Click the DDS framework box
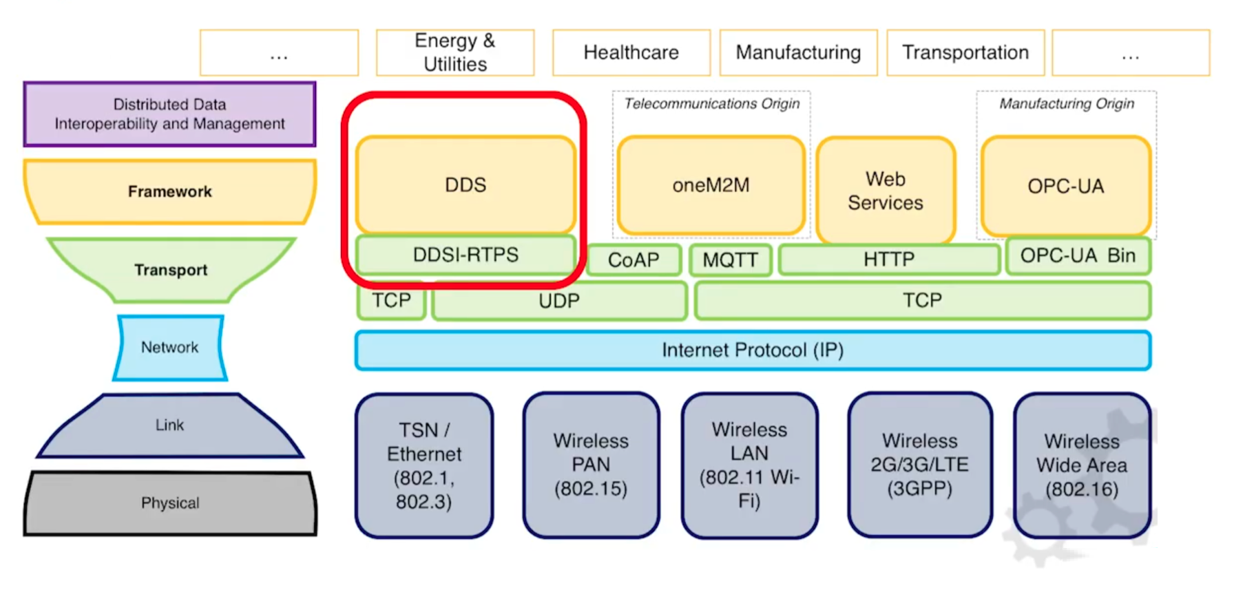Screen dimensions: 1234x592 click(x=466, y=184)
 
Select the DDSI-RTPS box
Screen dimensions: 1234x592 click(x=466, y=255)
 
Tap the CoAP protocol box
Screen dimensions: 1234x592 click(x=634, y=260)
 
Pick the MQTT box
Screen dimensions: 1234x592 click(x=730, y=260)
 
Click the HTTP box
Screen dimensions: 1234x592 click(x=889, y=259)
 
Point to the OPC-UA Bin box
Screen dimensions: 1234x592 click(x=1078, y=255)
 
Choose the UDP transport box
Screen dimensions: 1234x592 click(x=559, y=301)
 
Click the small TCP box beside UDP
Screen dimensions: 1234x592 click(x=391, y=300)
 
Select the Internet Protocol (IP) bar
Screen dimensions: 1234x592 click(x=753, y=350)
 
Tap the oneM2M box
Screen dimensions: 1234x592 click(x=711, y=184)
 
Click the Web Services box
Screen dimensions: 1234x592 click(x=886, y=190)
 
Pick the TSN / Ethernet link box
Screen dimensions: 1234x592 click(x=424, y=465)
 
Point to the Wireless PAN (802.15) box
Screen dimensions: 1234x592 click(x=591, y=465)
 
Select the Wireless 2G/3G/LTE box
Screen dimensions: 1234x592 click(x=919, y=465)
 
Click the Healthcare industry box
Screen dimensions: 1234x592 click(x=631, y=52)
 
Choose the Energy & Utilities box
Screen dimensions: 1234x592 click(x=455, y=52)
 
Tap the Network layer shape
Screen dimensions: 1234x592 click(x=170, y=348)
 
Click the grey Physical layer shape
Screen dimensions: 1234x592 click(x=170, y=503)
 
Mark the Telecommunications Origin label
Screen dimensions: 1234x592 click(x=712, y=103)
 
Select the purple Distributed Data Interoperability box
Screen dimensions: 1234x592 click(x=170, y=114)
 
